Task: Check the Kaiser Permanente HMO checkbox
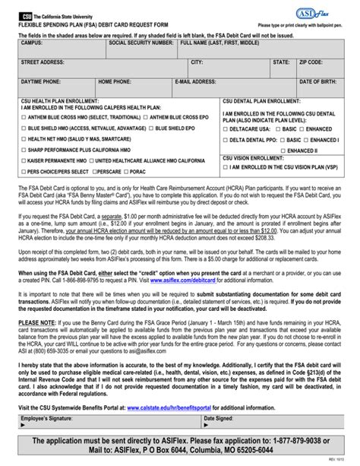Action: click(x=24, y=161)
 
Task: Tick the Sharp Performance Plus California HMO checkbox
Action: click(x=24, y=151)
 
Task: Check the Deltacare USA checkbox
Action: click(x=226, y=129)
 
